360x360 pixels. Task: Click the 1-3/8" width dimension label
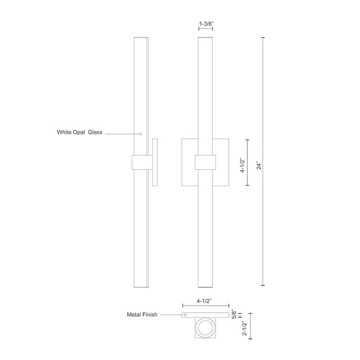pyautogui.click(x=206, y=24)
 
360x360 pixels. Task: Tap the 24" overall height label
pyautogui.click(x=259, y=166)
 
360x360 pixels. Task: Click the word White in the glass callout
pyautogui.click(x=65, y=132)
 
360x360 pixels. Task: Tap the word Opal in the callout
pyautogui.click(x=83, y=132)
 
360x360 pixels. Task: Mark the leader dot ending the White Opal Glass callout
pyautogui.click(x=141, y=134)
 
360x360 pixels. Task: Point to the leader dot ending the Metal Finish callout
pyautogui.click(x=185, y=314)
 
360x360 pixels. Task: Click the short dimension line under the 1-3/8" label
pyautogui.click(x=206, y=30)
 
